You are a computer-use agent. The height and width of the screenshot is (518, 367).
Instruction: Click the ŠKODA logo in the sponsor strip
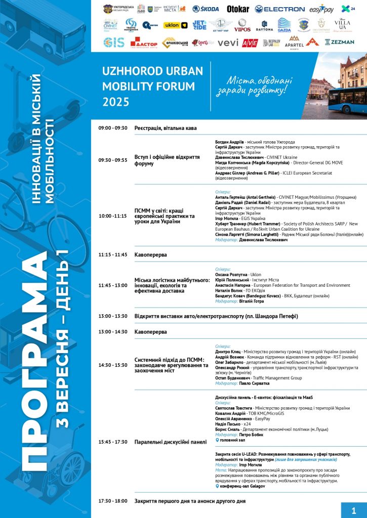tap(206, 9)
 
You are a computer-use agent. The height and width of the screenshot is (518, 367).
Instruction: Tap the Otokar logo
tap(237, 9)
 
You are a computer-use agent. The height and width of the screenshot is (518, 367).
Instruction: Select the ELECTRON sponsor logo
tap(279, 9)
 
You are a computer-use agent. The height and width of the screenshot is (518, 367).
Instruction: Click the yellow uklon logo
tap(176, 25)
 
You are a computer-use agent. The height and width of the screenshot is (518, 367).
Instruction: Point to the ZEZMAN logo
tap(339, 42)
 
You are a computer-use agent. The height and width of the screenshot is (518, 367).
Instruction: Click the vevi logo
tap(228, 42)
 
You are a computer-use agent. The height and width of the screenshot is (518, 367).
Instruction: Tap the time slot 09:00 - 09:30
tap(113, 128)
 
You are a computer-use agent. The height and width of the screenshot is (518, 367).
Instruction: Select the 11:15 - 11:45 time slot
tap(113, 254)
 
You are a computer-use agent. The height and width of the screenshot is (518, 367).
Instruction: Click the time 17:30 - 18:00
tap(113, 501)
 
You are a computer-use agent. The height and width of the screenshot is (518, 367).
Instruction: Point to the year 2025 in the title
tap(116, 102)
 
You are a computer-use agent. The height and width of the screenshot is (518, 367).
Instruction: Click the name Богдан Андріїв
tap(230, 142)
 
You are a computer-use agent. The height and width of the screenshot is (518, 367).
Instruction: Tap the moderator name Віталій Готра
tap(251, 301)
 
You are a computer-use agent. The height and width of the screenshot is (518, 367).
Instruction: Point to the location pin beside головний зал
tap(217, 440)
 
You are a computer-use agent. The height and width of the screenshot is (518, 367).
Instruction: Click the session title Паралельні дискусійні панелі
tap(170, 442)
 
